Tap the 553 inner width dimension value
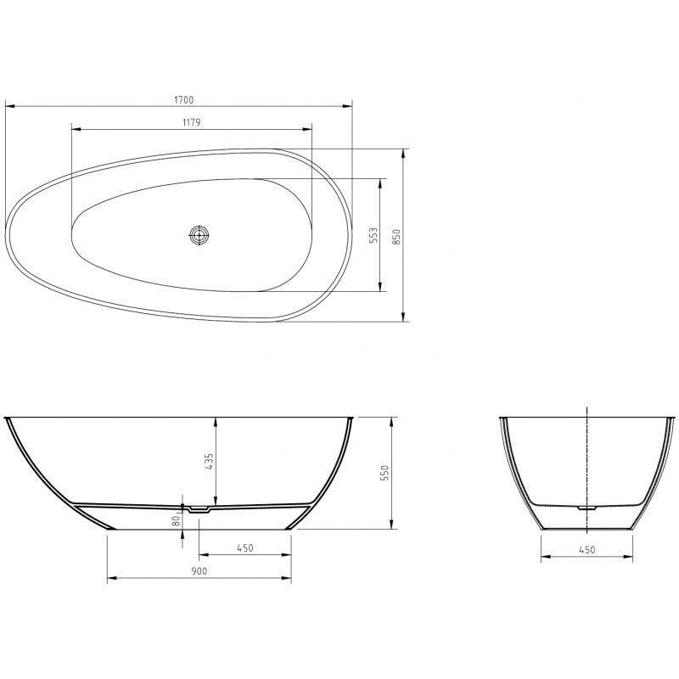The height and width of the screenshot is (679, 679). point(373,235)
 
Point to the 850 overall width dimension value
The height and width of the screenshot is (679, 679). point(396,236)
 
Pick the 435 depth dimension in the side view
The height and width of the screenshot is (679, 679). point(210,461)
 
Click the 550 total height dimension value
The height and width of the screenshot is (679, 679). point(384,472)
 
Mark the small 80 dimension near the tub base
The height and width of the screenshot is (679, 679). point(175,519)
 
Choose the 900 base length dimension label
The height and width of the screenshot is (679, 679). point(199,572)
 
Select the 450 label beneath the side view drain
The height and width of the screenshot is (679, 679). point(244,548)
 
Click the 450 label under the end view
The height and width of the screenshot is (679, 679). point(586,550)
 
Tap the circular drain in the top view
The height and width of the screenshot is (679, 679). point(199,236)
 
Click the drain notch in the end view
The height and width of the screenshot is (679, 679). point(586,508)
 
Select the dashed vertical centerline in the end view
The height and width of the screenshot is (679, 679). point(586,458)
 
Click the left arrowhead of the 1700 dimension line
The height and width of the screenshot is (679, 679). point(8,107)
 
